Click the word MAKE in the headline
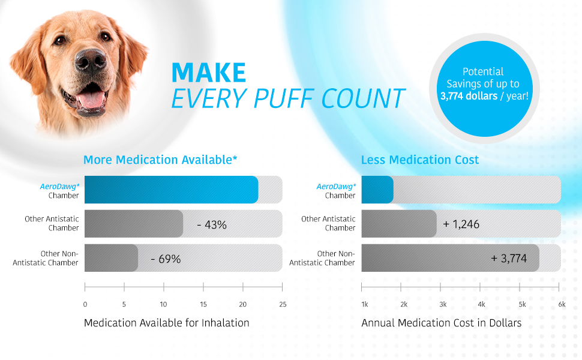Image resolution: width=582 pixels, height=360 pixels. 209,73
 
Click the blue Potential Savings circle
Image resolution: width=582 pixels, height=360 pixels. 484,83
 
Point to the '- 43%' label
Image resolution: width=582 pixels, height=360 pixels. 212,225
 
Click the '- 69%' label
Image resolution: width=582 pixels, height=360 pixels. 166,259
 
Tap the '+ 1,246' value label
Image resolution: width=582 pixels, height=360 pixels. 461,224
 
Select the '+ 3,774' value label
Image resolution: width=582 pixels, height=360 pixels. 509,259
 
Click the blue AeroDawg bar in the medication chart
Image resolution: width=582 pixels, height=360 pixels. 171,190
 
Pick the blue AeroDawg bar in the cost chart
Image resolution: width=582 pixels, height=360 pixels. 377,190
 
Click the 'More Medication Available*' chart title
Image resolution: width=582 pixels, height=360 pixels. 160,160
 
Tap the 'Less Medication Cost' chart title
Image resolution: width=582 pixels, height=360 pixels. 420,160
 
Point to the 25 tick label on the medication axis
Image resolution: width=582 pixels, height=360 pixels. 283,304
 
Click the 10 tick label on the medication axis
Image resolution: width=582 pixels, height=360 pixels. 163,304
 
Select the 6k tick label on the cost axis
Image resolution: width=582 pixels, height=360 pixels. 562,304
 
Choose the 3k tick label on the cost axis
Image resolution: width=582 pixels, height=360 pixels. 443,304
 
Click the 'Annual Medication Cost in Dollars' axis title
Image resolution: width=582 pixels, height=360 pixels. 441,323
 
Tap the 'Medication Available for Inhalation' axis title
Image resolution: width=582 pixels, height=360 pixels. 166,323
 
